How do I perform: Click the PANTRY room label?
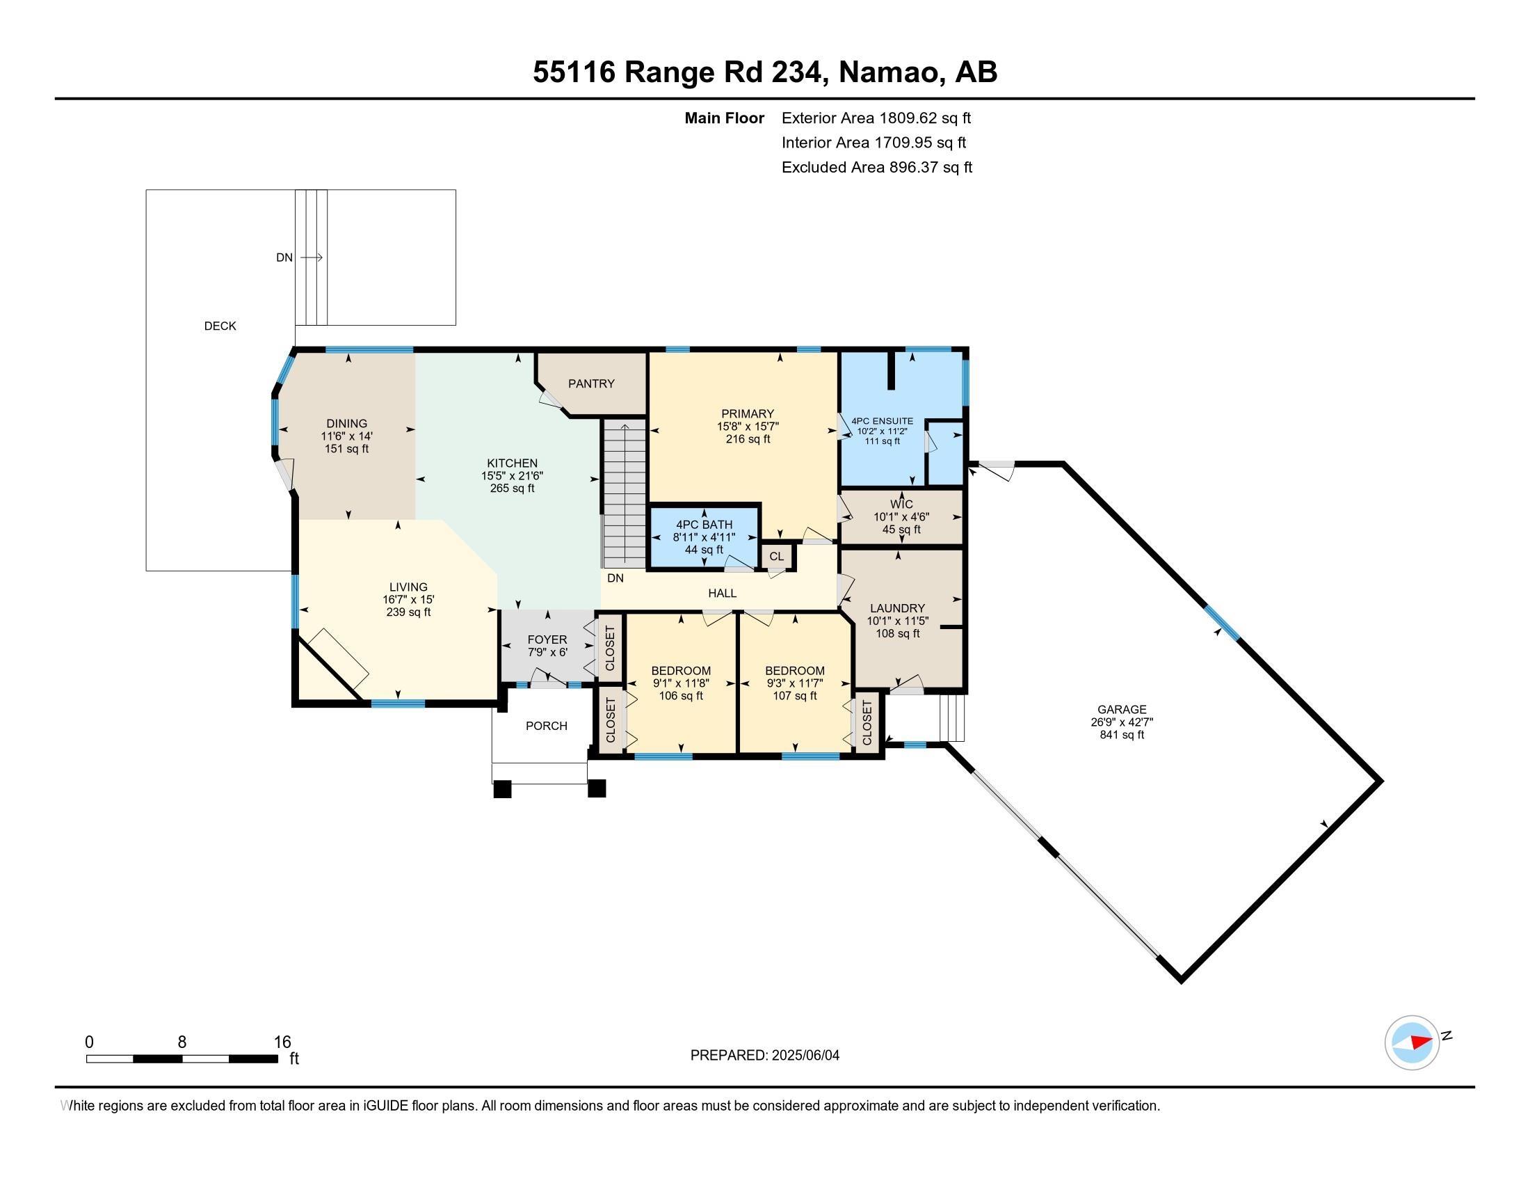[x=591, y=383]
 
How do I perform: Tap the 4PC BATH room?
[x=704, y=536]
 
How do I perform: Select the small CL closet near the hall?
[x=776, y=557]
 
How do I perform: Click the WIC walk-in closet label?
[x=901, y=504]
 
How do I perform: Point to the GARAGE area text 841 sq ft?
[x=1122, y=734]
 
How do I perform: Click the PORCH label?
[x=547, y=725]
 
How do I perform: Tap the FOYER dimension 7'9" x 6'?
[x=547, y=652]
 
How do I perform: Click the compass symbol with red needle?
[x=1412, y=1042]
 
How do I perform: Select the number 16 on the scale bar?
[x=282, y=1042]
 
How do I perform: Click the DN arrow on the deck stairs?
[x=311, y=257]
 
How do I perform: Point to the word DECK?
[x=220, y=326]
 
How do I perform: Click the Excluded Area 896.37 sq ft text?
[x=876, y=167]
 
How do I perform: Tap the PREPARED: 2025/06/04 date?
[x=764, y=1055]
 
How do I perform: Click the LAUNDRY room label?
[x=896, y=608]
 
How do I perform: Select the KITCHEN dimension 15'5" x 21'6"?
[x=512, y=475]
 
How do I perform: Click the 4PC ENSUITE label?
[x=882, y=420]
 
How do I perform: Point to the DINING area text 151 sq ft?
[x=346, y=449]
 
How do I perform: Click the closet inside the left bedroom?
[x=609, y=720]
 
